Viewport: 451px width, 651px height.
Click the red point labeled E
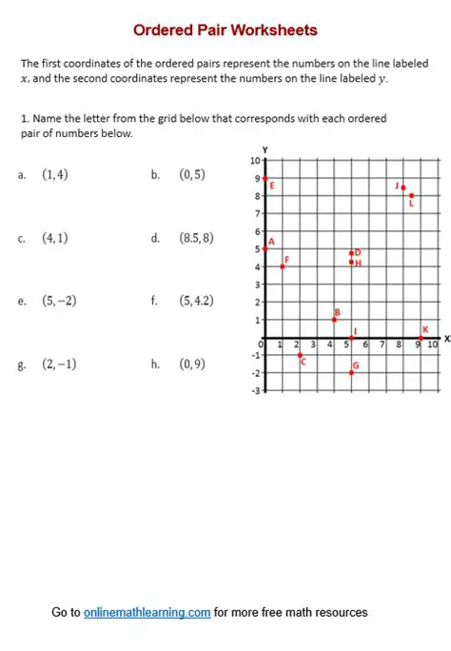click(265, 178)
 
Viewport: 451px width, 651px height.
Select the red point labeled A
click(265, 248)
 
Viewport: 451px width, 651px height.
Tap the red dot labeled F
click(283, 266)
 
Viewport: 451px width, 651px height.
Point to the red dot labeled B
click(334, 319)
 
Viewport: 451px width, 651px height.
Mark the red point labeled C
click(300, 354)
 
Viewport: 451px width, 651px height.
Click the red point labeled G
click(351, 372)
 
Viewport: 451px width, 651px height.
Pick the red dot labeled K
click(421, 337)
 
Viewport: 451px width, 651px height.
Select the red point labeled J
click(403, 187)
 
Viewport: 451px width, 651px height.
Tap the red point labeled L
click(411, 195)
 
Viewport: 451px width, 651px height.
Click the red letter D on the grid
click(358, 252)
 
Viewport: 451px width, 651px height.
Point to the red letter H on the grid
click(359, 263)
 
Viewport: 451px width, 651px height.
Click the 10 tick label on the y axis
click(255, 161)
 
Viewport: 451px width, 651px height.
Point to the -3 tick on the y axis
click(255, 390)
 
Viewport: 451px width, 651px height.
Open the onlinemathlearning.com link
click(147, 612)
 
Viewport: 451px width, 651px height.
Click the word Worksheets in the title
click(272, 30)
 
